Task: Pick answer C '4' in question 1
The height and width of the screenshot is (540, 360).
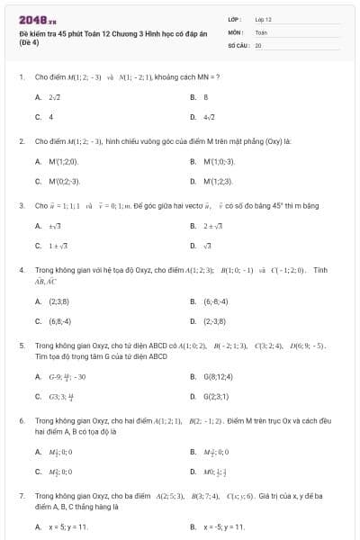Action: pos(50,117)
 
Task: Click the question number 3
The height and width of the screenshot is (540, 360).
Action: pos(21,206)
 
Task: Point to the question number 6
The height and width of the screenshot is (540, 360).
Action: pos(21,420)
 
